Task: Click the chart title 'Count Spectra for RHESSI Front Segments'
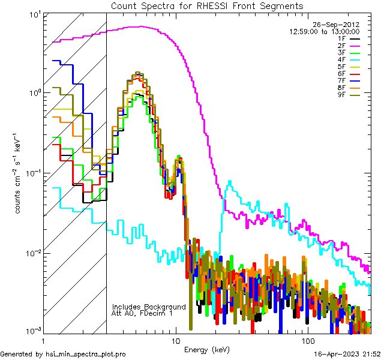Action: click(x=207, y=5)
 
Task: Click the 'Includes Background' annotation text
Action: click(x=149, y=307)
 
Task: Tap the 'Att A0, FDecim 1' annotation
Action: click(x=142, y=313)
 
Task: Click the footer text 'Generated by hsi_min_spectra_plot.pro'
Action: click(x=63, y=355)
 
